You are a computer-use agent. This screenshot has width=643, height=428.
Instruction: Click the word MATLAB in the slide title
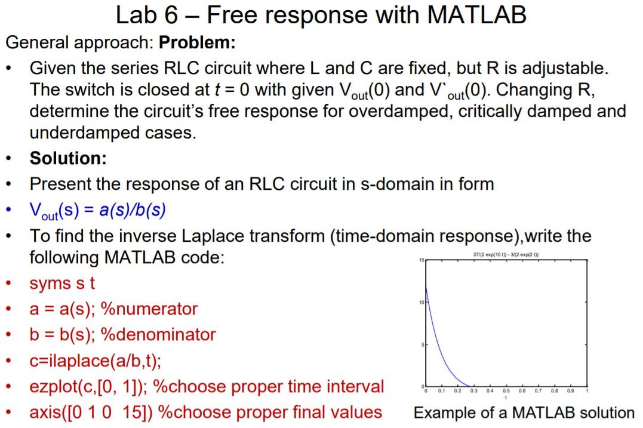tap(476, 15)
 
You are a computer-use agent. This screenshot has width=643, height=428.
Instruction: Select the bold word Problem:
tap(197, 43)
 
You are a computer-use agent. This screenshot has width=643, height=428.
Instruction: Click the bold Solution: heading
tap(68, 158)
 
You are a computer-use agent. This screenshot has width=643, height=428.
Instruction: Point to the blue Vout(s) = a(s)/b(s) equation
tap(98, 210)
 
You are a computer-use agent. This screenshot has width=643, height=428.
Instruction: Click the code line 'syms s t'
tap(62, 283)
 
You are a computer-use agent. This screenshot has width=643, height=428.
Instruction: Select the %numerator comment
tap(149, 309)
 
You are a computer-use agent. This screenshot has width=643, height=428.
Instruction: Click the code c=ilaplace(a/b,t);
tap(96, 361)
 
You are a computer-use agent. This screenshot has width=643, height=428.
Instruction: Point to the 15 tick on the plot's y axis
tap(420, 261)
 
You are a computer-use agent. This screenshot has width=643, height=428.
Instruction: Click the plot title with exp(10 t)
tap(506, 255)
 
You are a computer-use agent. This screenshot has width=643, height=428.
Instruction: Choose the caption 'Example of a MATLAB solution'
tap(524, 412)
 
